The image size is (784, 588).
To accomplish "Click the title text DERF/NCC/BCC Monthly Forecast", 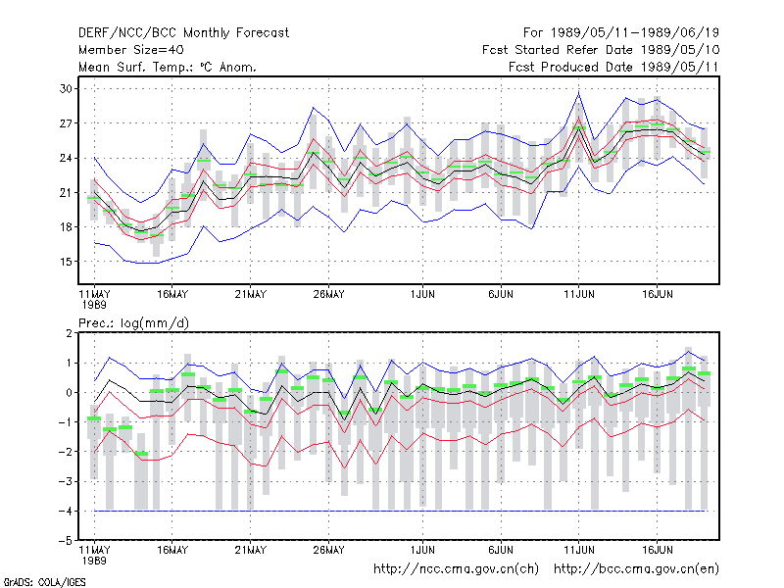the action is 183,33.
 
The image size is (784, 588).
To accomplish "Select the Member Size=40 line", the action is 131,50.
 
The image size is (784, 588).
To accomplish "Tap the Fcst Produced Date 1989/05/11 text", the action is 613,67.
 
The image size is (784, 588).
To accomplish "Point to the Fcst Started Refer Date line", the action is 601,50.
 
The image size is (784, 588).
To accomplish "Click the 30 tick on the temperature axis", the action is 66,89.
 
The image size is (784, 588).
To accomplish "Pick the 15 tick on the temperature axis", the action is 66,262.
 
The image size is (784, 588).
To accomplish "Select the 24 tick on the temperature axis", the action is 66,158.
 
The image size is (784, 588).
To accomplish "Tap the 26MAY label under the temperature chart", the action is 328,295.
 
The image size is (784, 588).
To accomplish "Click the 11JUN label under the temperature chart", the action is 579,295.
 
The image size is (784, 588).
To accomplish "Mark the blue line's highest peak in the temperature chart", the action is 578,93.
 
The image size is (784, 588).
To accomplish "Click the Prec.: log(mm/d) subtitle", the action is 133,323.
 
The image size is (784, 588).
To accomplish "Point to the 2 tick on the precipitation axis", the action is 69,333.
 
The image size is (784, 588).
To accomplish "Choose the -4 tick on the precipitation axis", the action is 66,511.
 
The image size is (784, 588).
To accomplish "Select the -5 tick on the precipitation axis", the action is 66,541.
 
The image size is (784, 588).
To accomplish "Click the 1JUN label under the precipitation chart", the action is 422,550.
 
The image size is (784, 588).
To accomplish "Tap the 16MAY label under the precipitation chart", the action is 172,550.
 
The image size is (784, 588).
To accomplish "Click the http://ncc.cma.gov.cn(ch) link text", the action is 456,569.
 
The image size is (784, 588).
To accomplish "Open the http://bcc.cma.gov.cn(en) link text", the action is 636,569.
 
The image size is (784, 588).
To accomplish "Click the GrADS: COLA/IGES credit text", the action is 44,582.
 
